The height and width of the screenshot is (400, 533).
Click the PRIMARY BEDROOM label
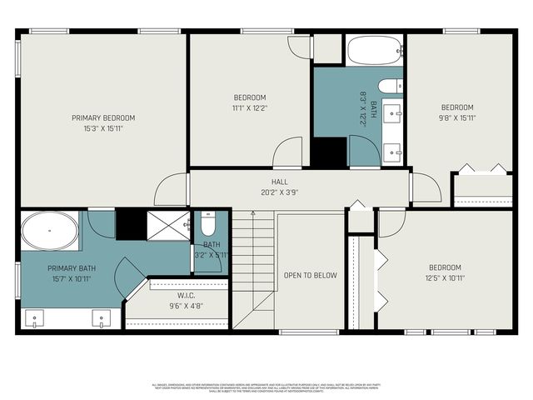(x=103, y=117)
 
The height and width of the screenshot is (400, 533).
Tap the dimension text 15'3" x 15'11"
(x=103, y=128)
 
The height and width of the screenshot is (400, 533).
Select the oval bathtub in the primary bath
(x=49, y=230)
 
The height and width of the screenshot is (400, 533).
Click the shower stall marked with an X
(x=169, y=224)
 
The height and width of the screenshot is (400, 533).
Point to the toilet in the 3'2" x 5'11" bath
(x=208, y=224)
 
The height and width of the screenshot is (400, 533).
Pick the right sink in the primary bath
(x=101, y=317)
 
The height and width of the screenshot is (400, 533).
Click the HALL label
(x=279, y=180)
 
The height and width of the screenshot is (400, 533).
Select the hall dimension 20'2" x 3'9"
(x=279, y=191)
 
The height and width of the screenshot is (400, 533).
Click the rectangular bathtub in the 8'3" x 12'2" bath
(x=375, y=51)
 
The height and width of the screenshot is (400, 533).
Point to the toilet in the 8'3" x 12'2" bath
(x=390, y=86)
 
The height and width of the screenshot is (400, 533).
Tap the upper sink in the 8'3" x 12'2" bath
(x=393, y=112)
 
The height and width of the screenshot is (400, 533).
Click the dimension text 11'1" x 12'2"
(x=249, y=107)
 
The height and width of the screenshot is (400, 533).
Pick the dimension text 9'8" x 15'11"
(x=457, y=117)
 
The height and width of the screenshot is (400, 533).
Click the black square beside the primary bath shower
(x=130, y=224)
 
